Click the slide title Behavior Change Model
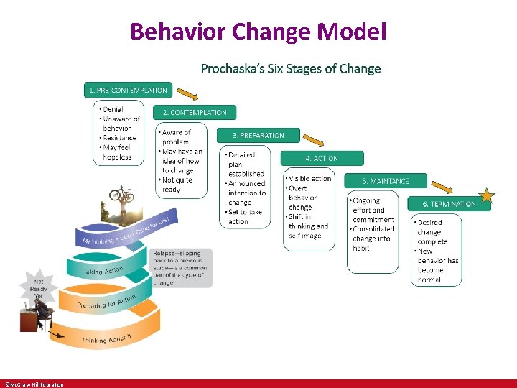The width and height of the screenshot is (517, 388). click(258, 31)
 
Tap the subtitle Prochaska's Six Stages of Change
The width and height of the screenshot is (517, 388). click(290, 69)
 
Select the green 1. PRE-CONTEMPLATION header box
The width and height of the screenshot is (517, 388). click(128, 91)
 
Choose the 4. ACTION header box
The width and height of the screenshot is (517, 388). click(322, 158)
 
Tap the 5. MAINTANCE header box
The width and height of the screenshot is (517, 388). click(386, 181)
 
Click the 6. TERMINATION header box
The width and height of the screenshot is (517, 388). click(449, 204)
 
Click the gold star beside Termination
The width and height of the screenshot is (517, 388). click(488, 194)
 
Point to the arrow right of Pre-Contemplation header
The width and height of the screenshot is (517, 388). click(187, 93)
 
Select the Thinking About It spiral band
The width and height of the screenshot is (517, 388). click(108, 338)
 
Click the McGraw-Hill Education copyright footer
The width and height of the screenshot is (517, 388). click(34, 384)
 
